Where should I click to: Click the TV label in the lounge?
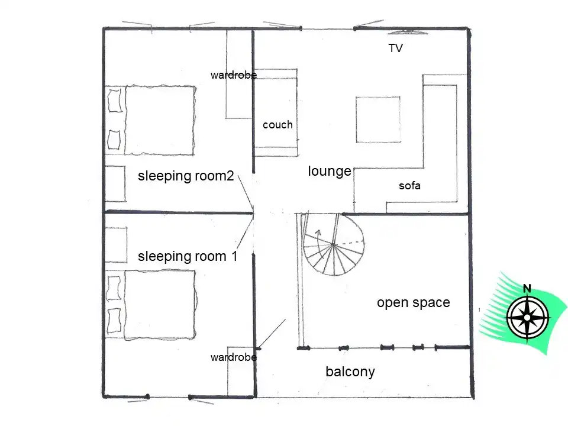coord(396,48)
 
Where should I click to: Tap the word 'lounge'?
coord(330,171)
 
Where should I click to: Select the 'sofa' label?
coord(409,186)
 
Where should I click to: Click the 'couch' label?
coord(277,125)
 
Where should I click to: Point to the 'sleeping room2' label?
coord(186,176)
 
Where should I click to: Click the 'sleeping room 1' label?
coord(188,256)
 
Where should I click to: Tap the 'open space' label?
coord(414,302)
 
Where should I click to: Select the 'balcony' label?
coord(350,372)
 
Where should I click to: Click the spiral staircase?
coord(333,245)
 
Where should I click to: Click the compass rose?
coord(527,318)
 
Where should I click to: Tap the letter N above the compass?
coord(527,289)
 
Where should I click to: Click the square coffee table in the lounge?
coord(378,120)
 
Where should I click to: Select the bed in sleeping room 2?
coord(151,121)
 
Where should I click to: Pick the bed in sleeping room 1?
coord(151,305)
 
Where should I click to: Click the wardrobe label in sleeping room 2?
coord(234,75)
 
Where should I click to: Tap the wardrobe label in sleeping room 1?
coord(234,357)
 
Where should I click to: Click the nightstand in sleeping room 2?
coord(115,183)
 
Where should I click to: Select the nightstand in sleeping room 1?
coord(116,245)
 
